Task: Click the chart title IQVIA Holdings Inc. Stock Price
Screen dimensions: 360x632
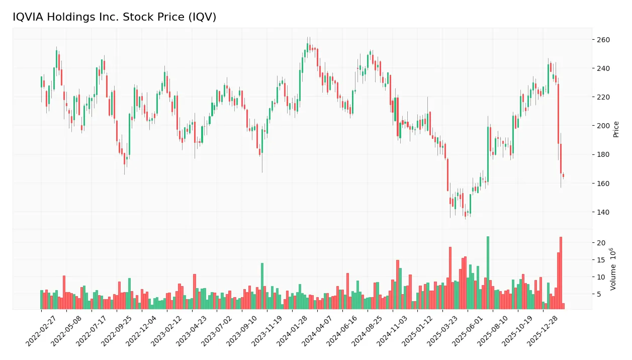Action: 115,17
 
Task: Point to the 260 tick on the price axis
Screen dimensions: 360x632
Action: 603,40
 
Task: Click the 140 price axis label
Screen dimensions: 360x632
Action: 603,212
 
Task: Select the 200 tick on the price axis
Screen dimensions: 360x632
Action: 603,126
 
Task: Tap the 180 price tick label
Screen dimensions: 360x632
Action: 603,154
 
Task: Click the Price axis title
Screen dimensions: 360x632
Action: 616,129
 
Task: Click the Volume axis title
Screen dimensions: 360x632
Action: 613,268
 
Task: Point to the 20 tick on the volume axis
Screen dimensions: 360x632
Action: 601,243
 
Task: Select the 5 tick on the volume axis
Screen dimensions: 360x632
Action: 599,294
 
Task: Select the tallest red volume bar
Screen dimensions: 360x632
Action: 561,273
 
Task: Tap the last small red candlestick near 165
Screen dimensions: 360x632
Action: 563,175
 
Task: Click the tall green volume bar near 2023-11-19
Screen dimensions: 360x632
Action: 262,286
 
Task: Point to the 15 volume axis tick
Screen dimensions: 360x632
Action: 601,260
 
